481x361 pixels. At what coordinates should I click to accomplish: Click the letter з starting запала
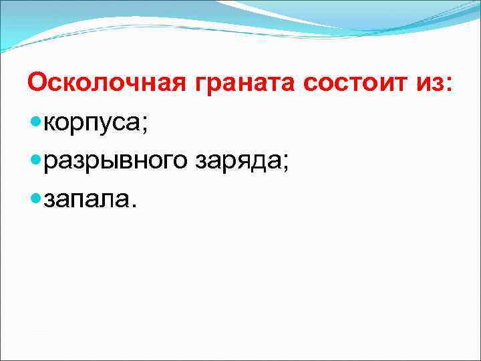pos(48,199)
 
